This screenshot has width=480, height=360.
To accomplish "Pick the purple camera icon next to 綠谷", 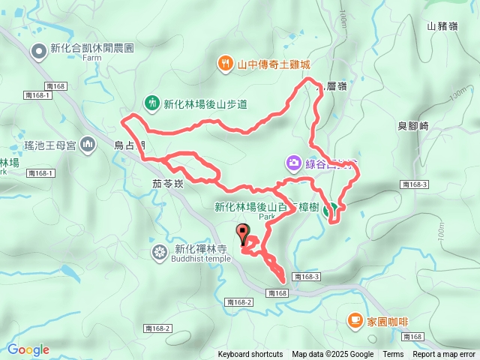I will (293, 162).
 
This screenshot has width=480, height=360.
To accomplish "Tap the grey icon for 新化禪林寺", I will (160, 251).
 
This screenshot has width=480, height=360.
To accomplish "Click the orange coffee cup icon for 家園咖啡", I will (354, 320).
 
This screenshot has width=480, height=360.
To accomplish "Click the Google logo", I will (28, 349).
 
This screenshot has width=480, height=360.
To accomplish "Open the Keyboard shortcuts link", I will (250, 355).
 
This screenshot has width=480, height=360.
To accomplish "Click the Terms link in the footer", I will (393, 355).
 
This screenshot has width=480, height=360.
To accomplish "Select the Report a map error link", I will (444, 355).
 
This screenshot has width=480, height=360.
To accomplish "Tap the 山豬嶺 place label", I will (442, 25).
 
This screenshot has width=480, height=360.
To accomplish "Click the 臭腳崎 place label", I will (412, 126).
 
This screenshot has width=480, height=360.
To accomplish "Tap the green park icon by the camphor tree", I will (328, 211).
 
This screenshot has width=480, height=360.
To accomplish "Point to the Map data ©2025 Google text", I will (332, 355).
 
